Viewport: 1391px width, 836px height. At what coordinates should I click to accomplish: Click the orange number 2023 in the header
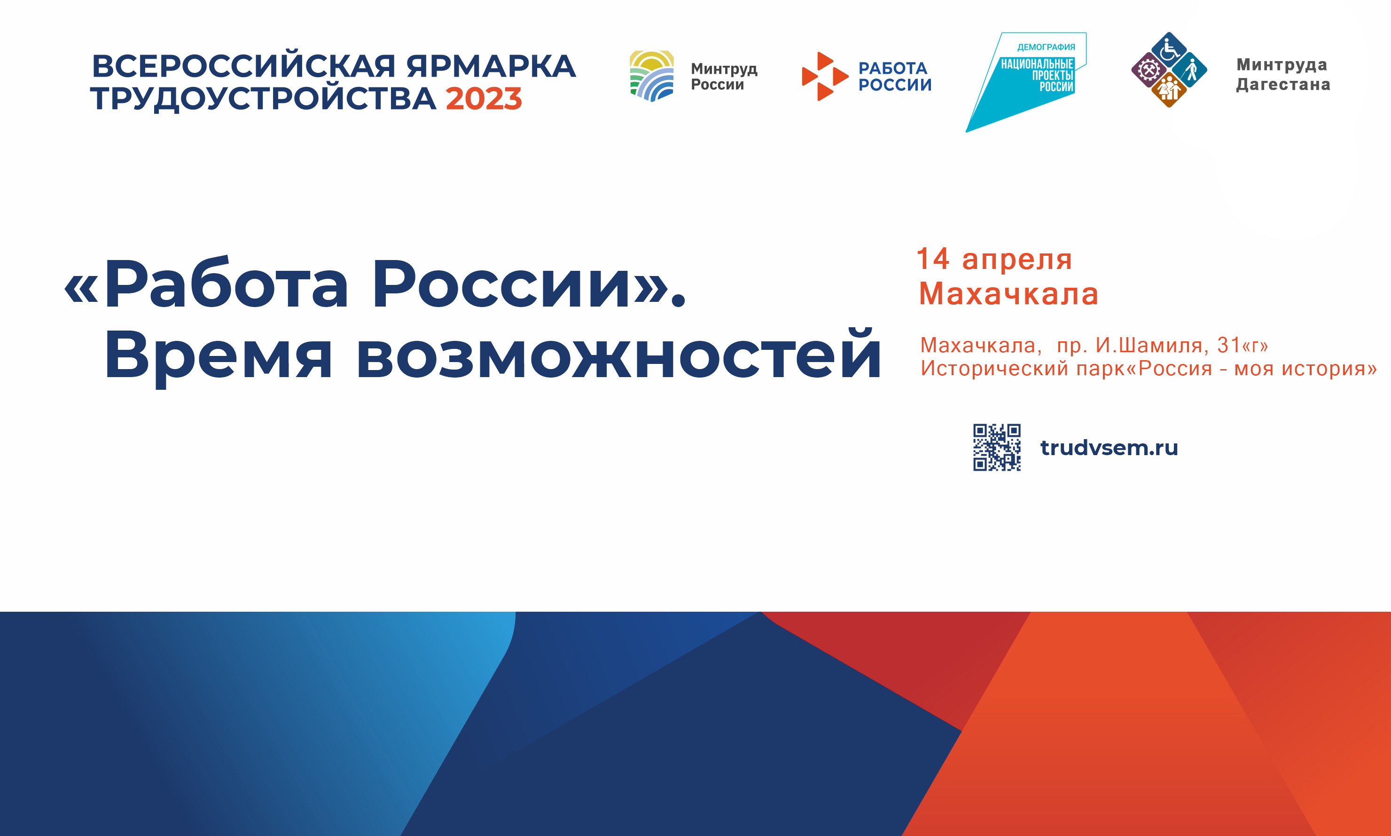(484, 99)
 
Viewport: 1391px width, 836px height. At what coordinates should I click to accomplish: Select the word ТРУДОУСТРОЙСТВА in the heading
(264, 99)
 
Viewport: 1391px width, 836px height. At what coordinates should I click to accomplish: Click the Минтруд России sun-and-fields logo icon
(651, 76)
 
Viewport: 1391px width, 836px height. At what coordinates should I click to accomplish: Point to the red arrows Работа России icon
(824, 76)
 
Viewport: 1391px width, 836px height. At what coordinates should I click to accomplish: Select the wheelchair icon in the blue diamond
(1169, 49)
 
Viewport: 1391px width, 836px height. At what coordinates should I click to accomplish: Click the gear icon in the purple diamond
(1149, 70)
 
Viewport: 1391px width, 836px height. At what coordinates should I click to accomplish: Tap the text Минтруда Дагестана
(1282, 74)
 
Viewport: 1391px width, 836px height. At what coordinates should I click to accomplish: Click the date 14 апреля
(994, 259)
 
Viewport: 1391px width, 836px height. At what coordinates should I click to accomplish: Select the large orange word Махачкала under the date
(1008, 293)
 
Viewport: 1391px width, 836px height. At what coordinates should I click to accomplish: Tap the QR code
(996, 447)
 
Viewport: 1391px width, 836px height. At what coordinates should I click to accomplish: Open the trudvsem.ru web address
(1109, 447)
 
